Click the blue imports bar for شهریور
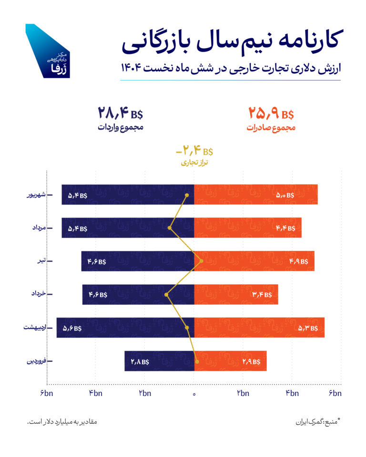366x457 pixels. pos(128,195)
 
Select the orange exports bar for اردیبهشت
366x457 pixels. pos(259,328)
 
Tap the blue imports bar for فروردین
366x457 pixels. pos(159,361)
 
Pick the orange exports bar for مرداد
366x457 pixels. pos(247,228)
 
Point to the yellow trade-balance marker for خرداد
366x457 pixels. pos(166,295)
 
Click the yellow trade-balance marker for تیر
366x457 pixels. pos(201,261)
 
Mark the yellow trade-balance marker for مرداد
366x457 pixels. pos(170,228)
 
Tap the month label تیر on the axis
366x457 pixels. pos(41,261)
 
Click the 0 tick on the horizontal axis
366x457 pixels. pos(194,393)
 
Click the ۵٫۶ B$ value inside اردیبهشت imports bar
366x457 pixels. pos(71,328)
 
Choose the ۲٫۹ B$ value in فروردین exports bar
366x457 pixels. pos(251,361)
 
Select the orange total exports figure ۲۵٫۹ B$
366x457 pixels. pos(271,114)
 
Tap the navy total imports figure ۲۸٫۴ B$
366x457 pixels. pos(121,114)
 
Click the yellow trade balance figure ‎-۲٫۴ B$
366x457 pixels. pos(194,152)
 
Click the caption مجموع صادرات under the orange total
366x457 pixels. pos(271,128)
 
